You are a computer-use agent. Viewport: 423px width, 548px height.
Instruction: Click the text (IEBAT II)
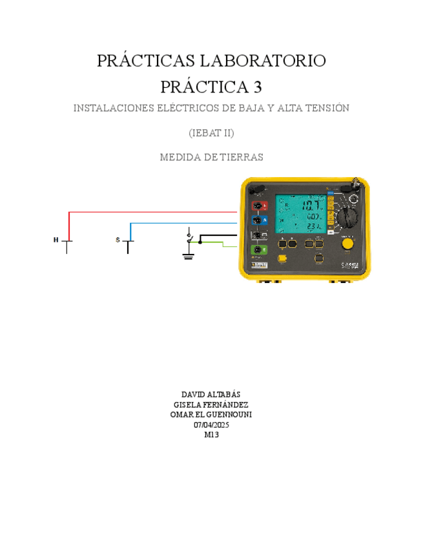(211, 133)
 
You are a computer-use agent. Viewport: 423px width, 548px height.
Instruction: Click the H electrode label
(56, 240)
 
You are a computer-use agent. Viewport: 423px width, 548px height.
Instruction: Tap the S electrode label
(118, 240)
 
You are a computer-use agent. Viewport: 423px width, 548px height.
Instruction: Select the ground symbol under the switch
(189, 256)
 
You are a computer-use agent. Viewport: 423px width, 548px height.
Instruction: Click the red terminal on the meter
(258, 206)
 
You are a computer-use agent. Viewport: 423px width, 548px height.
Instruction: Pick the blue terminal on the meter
(258, 220)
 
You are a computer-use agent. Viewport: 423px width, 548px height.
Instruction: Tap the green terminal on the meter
(258, 249)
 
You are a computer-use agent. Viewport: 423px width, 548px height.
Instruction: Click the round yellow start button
(347, 243)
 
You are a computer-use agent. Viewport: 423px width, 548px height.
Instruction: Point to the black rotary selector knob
(347, 215)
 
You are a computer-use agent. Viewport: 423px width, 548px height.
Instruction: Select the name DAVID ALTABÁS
(211, 394)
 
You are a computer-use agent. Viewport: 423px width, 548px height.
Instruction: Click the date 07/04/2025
(211, 425)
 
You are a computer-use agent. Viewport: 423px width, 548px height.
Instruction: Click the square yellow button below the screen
(283, 258)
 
